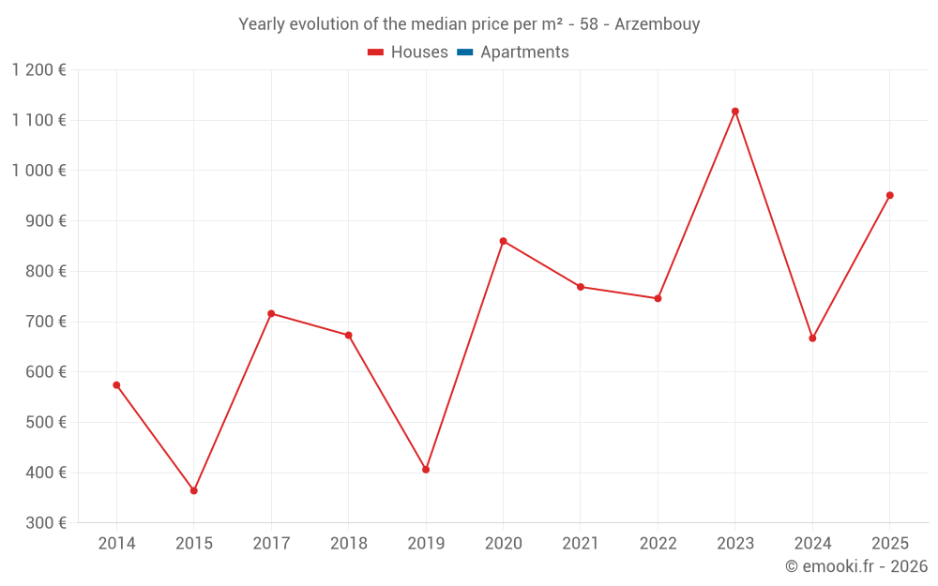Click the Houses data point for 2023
click(734, 112)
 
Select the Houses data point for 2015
click(194, 490)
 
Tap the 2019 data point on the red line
click(426, 470)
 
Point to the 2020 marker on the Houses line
click(503, 241)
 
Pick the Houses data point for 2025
click(889, 196)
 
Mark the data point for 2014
click(116, 385)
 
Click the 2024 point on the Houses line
click(812, 338)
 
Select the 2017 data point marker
click(271, 313)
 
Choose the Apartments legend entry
click(523, 53)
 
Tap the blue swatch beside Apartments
click(464, 53)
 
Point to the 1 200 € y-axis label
click(39, 69)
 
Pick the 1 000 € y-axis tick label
click(39, 171)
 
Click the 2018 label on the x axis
click(348, 544)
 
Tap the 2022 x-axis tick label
click(658, 544)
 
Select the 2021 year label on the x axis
click(580, 544)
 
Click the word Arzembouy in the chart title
click(657, 24)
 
